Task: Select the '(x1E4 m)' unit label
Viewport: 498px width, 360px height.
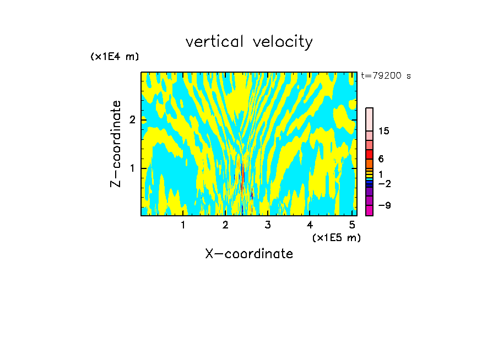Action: click(x=115, y=56)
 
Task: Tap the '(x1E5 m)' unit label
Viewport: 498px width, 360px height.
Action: click(x=336, y=237)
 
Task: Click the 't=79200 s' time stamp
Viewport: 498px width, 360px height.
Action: click(x=386, y=76)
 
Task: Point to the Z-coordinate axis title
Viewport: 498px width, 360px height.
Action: click(x=116, y=143)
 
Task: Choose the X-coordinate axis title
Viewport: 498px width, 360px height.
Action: click(x=249, y=254)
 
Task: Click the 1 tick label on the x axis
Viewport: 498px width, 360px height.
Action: click(x=183, y=225)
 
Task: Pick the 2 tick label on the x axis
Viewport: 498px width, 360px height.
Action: click(x=225, y=225)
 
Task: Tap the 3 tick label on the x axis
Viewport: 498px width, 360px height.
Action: click(x=268, y=225)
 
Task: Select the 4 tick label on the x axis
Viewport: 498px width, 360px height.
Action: click(x=310, y=225)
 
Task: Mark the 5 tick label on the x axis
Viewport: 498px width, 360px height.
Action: click(x=352, y=225)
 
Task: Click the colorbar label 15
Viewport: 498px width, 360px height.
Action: click(x=384, y=131)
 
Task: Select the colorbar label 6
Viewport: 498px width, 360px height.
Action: click(x=381, y=159)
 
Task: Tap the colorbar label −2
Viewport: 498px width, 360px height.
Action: click(x=384, y=183)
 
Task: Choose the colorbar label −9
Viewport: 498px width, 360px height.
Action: click(x=384, y=205)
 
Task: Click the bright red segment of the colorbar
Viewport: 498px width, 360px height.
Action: click(x=369, y=154)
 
